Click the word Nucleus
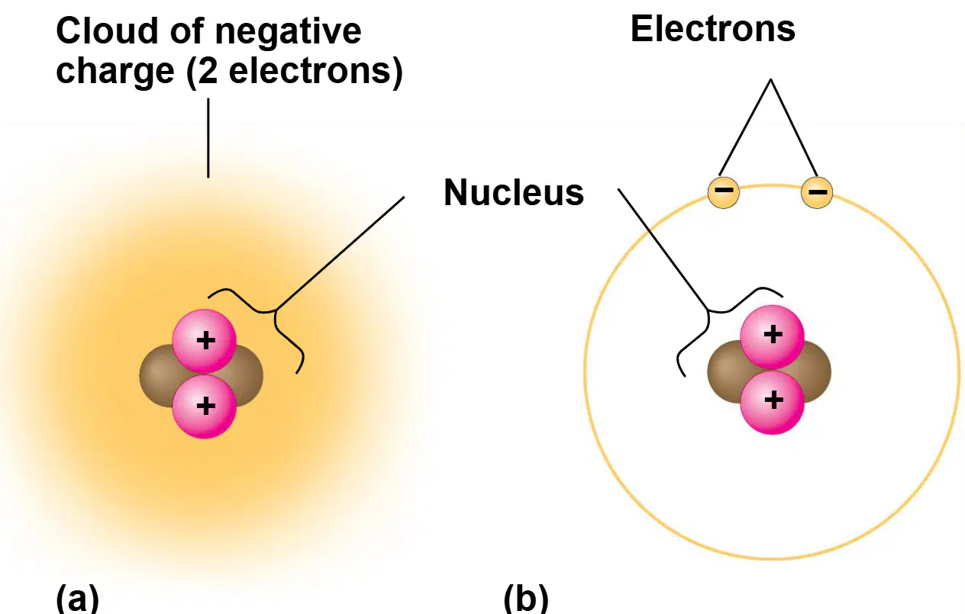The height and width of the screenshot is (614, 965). point(514,192)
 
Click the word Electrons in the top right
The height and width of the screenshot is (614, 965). point(713,29)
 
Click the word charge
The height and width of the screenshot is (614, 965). point(115,72)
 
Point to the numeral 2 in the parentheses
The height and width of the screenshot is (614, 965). point(208,70)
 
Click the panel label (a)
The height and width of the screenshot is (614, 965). point(78,598)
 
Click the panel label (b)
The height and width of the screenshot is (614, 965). point(526,598)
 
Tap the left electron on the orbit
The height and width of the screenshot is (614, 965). point(724,192)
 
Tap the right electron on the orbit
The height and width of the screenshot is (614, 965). point(817,192)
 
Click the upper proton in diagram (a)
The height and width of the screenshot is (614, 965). point(204,341)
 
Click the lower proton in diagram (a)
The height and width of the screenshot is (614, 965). point(204,407)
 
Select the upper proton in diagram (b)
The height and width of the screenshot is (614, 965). point(772,337)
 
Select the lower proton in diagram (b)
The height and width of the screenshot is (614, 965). point(772,402)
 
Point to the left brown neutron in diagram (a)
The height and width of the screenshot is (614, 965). point(157,375)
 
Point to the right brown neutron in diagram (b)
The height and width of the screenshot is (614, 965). point(815,371)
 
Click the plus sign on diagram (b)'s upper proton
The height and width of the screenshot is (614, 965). point(773,335)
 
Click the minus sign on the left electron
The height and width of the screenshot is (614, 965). point(724,189)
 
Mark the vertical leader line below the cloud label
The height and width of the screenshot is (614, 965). point(208,138)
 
